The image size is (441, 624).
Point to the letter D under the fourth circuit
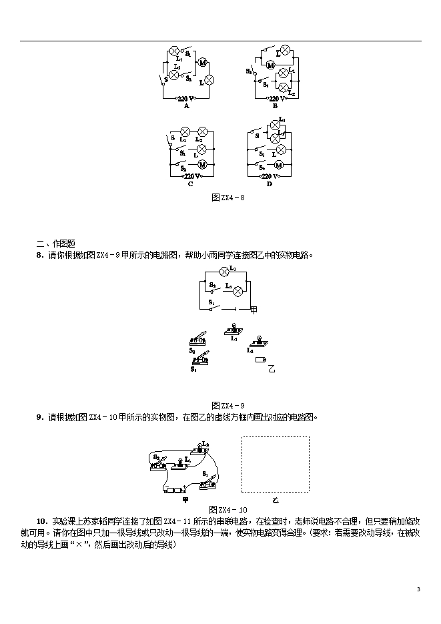click(270, 184)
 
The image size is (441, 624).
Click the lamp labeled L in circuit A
click(209, 80)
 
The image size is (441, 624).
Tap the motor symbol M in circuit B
click(271, 65)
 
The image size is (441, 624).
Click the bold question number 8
click(39, 254)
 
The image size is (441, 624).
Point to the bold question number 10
click(41, 521)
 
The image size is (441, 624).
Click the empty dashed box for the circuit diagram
click(275, 464)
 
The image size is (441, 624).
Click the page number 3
click(418, 589)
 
